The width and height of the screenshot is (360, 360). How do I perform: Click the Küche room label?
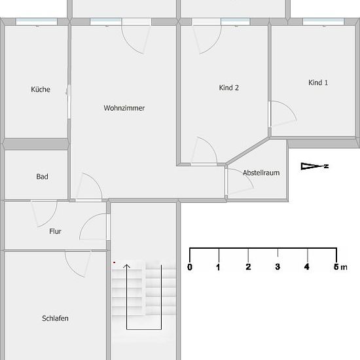41,89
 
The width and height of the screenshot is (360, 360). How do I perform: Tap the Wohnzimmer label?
124,108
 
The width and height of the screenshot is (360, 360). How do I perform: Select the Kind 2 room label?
229,88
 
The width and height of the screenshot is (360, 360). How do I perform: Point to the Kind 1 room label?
318,82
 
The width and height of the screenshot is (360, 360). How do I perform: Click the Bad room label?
43,177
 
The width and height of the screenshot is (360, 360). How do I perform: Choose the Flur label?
56,231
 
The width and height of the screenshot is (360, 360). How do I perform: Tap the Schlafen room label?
55,318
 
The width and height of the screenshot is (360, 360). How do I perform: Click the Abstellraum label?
261,173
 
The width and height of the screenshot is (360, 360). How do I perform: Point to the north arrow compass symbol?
315,166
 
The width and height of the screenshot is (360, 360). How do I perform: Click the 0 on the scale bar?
190,267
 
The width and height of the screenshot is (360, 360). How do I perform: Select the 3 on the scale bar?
278,267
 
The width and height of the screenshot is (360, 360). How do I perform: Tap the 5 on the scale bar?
336,267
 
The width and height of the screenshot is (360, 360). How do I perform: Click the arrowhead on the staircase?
126,266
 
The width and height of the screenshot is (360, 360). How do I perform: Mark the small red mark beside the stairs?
114,262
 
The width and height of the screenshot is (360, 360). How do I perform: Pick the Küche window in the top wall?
37,22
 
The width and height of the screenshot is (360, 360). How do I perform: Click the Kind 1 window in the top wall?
323,22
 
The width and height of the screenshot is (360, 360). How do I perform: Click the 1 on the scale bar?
219,267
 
